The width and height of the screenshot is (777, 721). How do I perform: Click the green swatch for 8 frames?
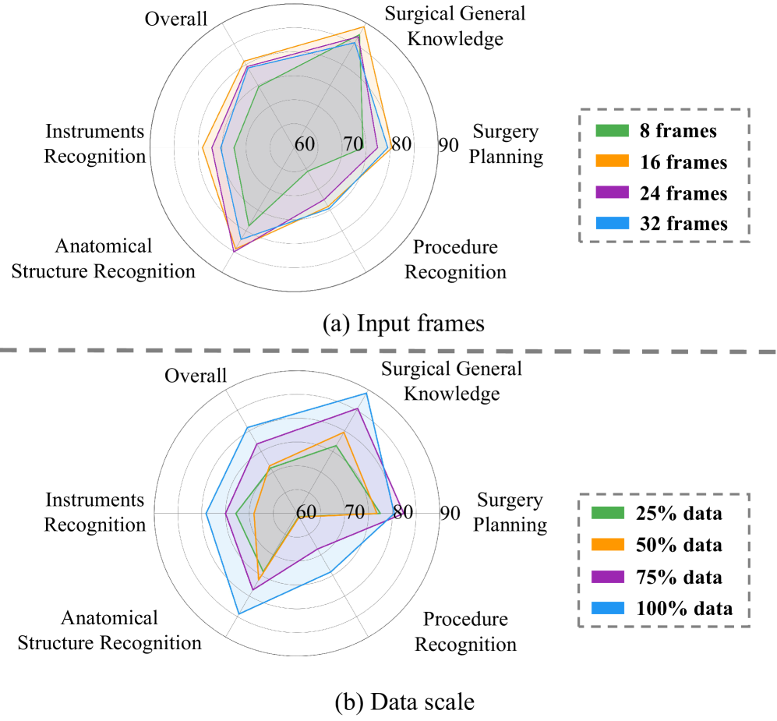point(610,131)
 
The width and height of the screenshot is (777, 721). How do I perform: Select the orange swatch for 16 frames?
point(610,162)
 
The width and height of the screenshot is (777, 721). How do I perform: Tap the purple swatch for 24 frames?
point(610,193)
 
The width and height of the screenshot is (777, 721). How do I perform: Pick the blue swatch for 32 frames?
point(610,223)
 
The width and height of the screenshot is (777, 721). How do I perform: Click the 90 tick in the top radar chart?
point(449,145)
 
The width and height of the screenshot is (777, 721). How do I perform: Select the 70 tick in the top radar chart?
point(352,145)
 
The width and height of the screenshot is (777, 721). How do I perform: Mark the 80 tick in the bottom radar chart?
point(401,513)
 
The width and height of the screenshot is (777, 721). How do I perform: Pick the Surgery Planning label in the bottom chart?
point(511,512)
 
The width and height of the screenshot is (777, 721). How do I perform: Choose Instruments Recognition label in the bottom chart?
point(94,512)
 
